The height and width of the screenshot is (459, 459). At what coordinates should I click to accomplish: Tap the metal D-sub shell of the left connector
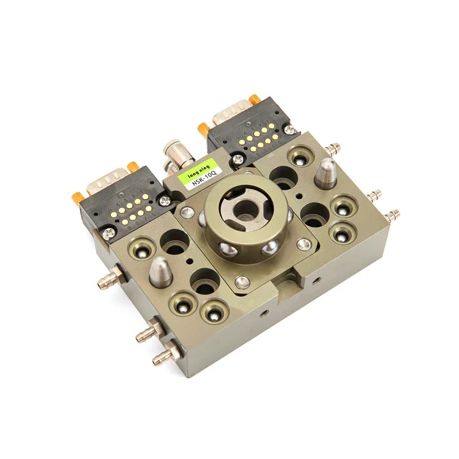(107, 182)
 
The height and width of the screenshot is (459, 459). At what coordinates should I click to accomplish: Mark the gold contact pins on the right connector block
(257, 138)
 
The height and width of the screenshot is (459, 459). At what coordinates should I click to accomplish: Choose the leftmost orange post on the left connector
(77, 197)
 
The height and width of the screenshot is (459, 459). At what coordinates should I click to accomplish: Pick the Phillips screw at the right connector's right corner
(290, 130)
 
